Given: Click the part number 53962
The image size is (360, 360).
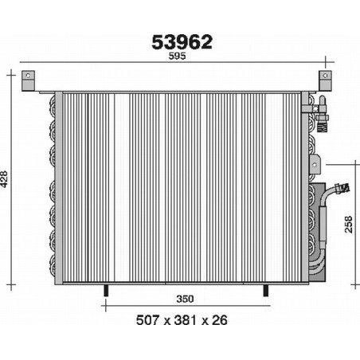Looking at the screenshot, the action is click(182, 42).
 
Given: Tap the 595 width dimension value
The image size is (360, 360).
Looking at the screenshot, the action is click(178, 56).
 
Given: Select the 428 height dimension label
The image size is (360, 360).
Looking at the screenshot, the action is click(4, 179).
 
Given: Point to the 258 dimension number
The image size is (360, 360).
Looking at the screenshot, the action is click(348, 225).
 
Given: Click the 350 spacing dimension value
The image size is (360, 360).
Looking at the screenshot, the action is click(185, 299).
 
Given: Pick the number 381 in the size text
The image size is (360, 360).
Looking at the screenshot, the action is click(185, 320).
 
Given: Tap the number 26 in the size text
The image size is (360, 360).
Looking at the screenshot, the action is click(220, 320).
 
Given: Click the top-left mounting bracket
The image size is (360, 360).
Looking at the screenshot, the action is click(28, 80).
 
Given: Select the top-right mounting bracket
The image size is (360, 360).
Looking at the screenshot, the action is click(325, 80).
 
